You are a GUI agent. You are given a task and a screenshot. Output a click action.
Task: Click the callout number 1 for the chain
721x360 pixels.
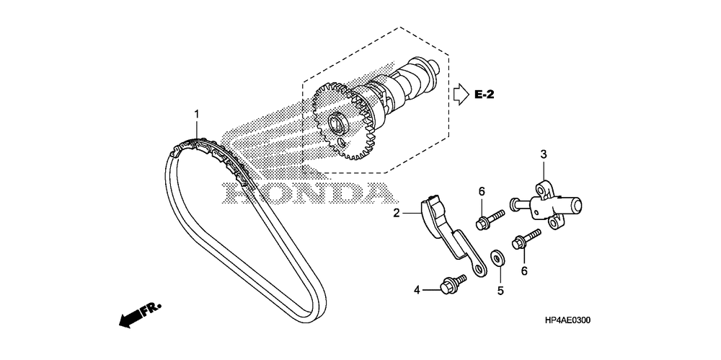pyautogui.click(x=195, y=114)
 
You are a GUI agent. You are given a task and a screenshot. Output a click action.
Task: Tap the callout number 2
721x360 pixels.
pyautogui.click(x=397, y=212)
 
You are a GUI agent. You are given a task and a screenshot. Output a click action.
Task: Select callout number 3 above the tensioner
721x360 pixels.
pyautogui.click(x=544, y=154)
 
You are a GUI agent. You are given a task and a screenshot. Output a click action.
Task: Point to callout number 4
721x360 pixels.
pyautogui.click(x=417, y=290)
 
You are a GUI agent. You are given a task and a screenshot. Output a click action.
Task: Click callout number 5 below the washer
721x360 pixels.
pyautogui.click(x=499, y=291)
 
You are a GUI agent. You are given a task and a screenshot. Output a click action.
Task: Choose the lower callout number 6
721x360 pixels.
pyautogui.click(x=524, y=270)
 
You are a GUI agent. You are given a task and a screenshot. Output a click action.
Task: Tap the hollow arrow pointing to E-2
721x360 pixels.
pyautogui.click(x=460, y=94)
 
